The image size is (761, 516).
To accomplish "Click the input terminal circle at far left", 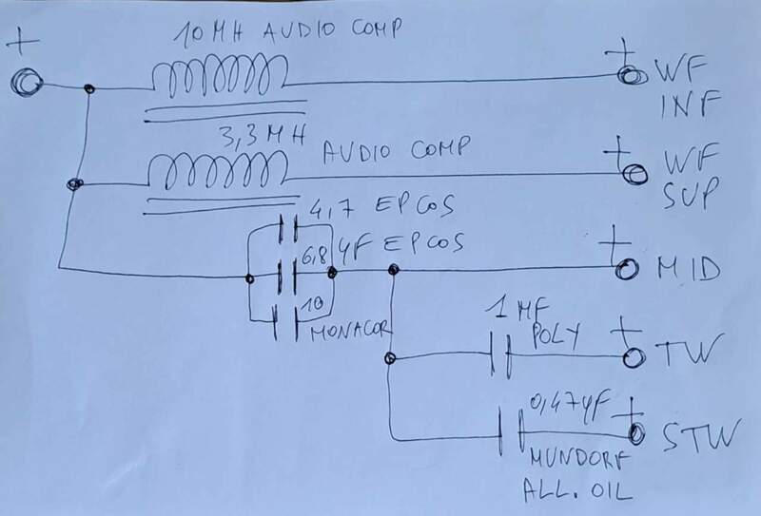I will click(x=26, y=84).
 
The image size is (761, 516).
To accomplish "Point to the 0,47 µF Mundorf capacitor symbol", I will click(x=512, y=433).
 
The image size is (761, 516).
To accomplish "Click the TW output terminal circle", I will click(x=629, y=358).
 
